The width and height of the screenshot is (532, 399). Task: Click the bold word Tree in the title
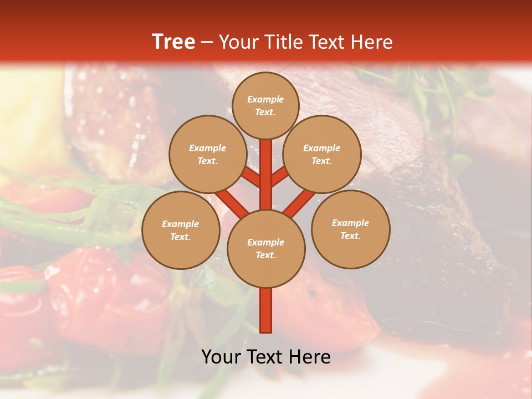pos(173,42)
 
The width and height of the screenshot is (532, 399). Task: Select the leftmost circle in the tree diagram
pos(181,230)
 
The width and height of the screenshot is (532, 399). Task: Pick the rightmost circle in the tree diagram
pos(350,229)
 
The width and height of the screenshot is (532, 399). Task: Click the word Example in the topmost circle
pos(265,99)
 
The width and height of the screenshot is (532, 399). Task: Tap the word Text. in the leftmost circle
pos(181,237)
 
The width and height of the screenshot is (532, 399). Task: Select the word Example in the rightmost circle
pos(350,223)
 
